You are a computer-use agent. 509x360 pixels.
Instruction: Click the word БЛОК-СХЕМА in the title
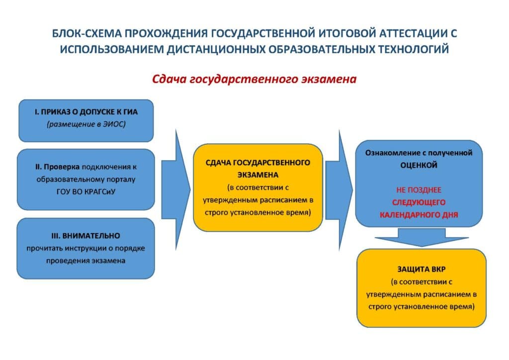pyautogui.click(x=87, y=33)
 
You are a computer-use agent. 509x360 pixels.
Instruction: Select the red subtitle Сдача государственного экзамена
pyautogui.click(x=254, y=79)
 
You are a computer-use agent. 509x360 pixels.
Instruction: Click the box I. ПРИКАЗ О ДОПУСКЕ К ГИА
pyautogui.click(x=86, y=121)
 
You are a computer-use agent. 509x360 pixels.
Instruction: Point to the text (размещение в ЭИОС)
pyautogui.click(x=86, y=124)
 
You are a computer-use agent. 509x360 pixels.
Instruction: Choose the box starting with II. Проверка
pyautogui.click(x=85, y=180)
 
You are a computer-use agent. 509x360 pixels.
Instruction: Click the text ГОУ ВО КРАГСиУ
pyautogui.click(x=85, y=192)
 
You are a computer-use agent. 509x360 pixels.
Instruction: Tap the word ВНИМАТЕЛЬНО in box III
pyautogui.click(x=95, y=236)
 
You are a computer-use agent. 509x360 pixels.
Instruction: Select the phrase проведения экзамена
pyautogui.click(x=85, y=261)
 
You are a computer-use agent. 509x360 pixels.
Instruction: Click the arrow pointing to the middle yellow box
pyautogui.click(x=175, y=189)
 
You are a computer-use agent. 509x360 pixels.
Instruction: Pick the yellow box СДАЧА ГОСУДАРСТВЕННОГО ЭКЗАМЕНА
pyautogui.click(x=258, y=187)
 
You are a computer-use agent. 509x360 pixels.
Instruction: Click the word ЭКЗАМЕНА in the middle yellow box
pyautogui.click(x=258, y=175)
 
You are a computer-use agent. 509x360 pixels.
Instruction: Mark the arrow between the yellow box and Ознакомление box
pyautogui.click(x=339, y=190)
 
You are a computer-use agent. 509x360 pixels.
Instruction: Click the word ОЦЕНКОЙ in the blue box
pyautogui.click(x=419, y=165)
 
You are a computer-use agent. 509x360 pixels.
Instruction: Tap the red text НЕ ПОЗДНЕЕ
pyautogui.click(x=419, y=190)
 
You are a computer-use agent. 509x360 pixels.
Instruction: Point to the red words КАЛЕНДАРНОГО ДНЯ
pyautogui.click(x=419, y=215)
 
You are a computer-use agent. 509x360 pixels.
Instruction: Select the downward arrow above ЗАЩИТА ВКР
pyautogui.click(x=422, y=237)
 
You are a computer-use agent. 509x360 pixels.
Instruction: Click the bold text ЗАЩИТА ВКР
pyautogui.click(x=422, y=270)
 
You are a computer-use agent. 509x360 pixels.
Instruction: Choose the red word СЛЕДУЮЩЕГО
pyautogui.click(x=419, y=202)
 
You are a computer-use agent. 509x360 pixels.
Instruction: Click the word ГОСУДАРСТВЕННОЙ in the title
pyautogui.click(x=263, y=33)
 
